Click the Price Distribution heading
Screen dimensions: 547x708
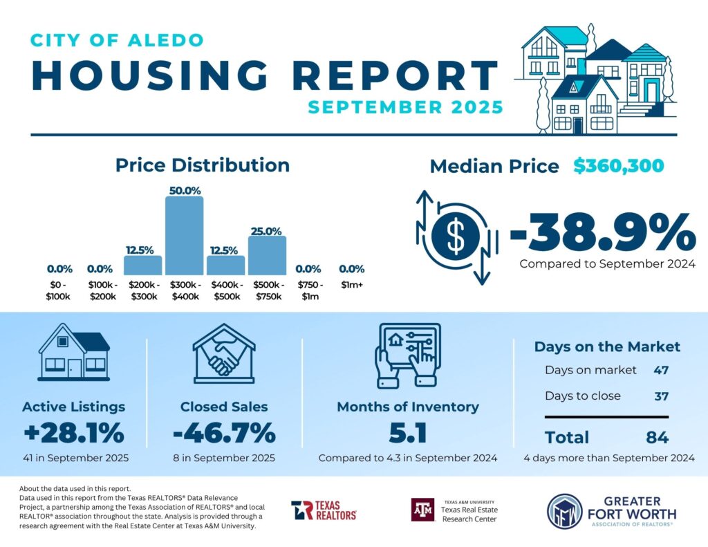point(202,165)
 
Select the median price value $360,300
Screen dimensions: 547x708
point(618,166)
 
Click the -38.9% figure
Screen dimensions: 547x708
point(602,233)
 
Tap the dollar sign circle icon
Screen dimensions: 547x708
point(455,235)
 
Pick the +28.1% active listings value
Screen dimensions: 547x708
point(73,434)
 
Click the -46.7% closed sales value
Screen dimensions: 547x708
point(224,434)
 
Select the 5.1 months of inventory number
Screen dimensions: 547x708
point(407,434)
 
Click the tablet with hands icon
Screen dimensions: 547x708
point(407,355)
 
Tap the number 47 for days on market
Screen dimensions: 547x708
point(660,370)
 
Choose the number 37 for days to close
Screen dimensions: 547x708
point(660,396)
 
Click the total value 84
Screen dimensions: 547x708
point(656,437)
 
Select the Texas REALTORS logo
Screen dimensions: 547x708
point(324,510)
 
